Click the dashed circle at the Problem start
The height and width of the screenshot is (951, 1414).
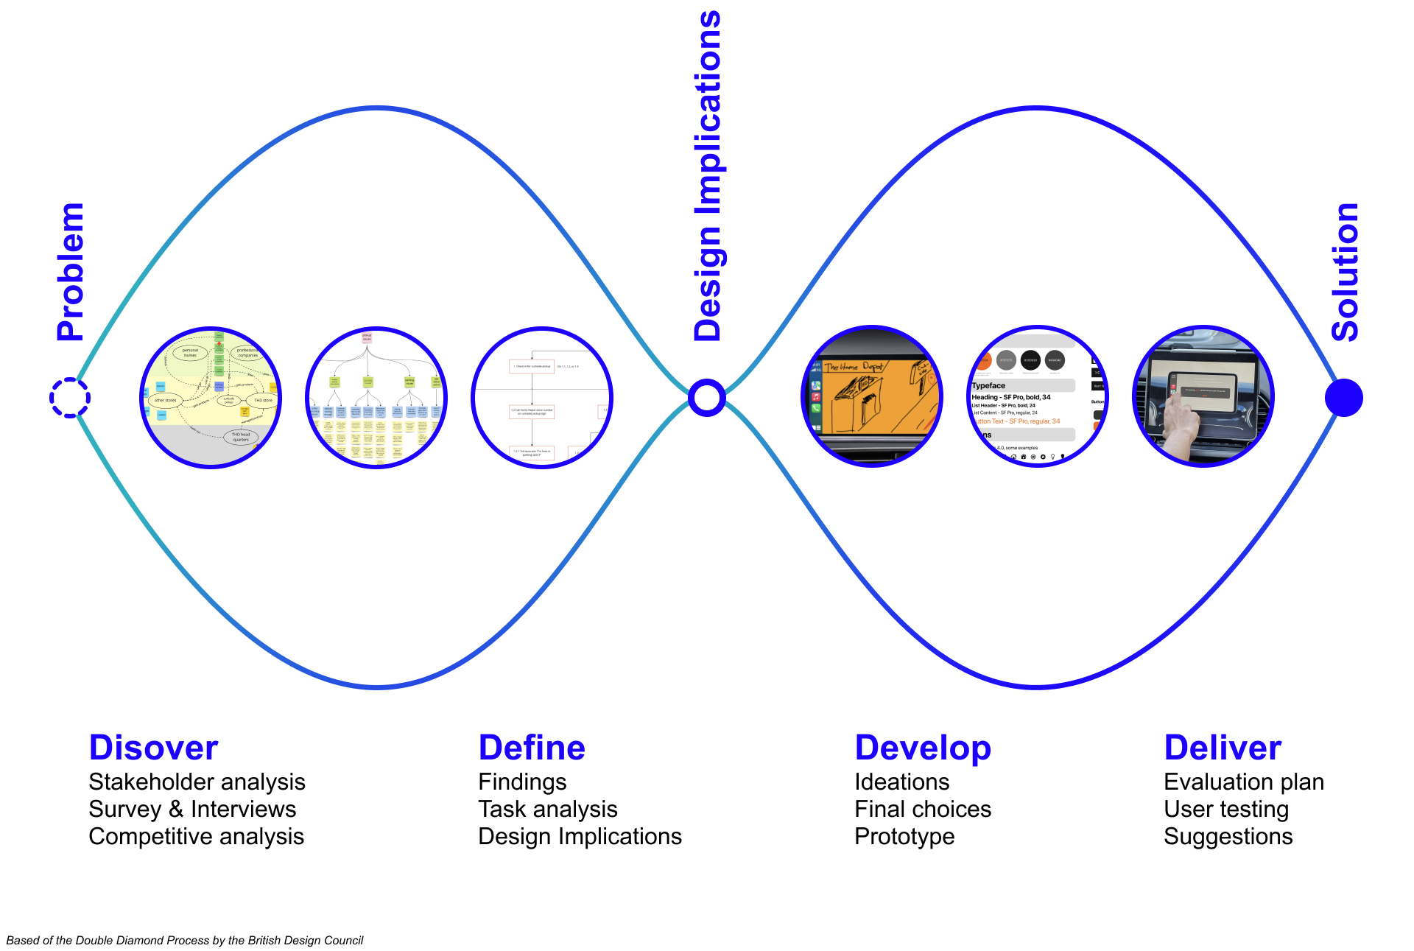[70, 398]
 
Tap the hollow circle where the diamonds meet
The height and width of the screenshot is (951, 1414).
[707, 398]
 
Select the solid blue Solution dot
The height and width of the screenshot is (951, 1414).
[1343, 398]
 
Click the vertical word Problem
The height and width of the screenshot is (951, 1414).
[71, 272]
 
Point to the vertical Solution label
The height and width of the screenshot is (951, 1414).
[1345, 272]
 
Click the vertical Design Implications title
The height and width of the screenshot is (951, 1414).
[708, 177]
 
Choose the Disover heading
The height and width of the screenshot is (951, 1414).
[153, 748]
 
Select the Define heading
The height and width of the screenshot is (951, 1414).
[532, 748]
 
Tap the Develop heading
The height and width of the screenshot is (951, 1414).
[923, 748]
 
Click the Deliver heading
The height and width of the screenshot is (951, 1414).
[1223, 748]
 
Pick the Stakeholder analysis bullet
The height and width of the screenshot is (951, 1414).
[197, 782]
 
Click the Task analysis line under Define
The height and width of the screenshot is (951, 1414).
[548, 810]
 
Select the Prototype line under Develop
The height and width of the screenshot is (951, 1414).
[904, 837]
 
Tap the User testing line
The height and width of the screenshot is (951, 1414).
[1226, 810]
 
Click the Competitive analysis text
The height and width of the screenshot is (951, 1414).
[196, 837]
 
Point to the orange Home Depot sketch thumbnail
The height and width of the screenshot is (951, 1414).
[872, 397]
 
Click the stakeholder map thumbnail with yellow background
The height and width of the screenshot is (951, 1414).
[211, 397]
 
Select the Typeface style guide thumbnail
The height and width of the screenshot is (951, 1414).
[1038, 397]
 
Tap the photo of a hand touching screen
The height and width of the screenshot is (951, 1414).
[1203, 397]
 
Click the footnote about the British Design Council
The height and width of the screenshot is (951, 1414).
[185, 941]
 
